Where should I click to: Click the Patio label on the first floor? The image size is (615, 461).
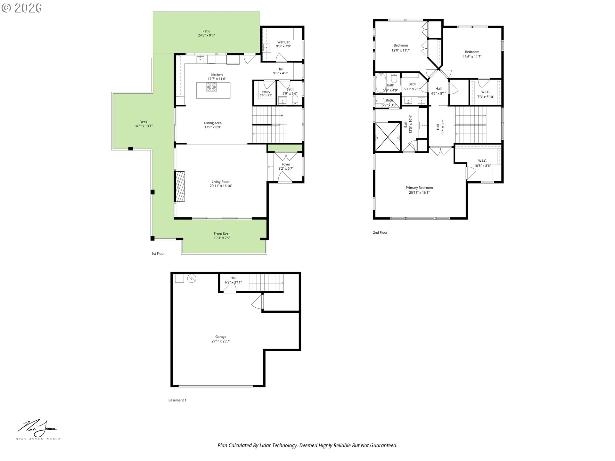click(x=206, y=31)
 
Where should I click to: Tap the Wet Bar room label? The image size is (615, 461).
click(x=283, y=42)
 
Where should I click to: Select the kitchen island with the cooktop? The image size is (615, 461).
click(x=213, y=90)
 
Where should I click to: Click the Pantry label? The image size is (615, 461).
click(x=266, y=92)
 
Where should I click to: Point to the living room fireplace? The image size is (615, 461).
click(x=180, y=187)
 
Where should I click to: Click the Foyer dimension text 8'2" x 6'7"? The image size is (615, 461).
click(x=286, y=168)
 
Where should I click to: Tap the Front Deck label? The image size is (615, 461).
click(x=222, y=234)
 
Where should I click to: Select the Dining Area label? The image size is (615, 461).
click(x=213, y=123)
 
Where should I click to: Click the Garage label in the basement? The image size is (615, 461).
click(x=221, y=337)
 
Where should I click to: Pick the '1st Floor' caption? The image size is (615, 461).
click(x=158, y=254)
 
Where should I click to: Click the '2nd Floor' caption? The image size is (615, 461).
click(x=380, y=232)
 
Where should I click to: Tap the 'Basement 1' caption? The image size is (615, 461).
click(x=177, y=400)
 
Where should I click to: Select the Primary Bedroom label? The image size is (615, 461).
click(x=419, y=188)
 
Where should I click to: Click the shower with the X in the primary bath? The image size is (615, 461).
click(x=388, y=137)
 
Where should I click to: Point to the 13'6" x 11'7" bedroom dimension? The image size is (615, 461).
click(x=472, y=57)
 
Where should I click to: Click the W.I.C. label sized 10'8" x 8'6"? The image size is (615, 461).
click(x=482, y=161)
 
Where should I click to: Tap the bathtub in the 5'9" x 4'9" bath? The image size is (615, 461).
click(x=380, y=83)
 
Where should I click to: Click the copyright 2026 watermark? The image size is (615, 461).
click(x=21, y=8)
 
